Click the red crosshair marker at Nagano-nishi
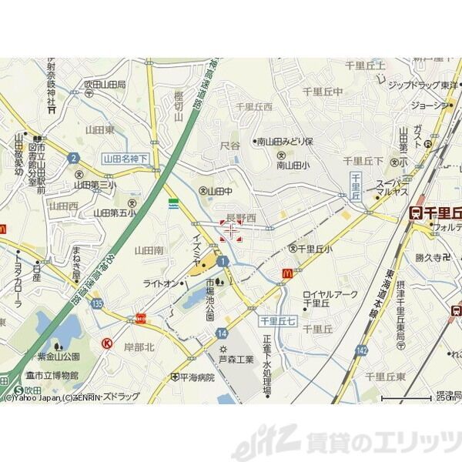tap(231, 229)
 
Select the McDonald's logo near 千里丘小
tap(290, 272)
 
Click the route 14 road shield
tap(222, 333)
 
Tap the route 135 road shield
tap(95, 304)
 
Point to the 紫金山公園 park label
tap(55, 357)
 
